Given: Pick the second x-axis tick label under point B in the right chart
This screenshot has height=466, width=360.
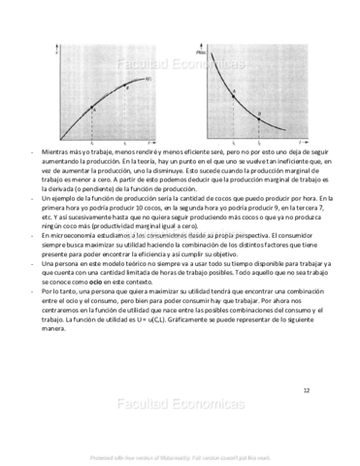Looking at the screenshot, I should tap(257, 143).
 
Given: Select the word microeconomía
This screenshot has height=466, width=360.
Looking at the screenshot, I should tap(67, 234).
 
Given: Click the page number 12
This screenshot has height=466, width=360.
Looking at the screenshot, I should tap(306, 390).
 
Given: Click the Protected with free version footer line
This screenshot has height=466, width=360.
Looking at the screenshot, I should tap(178, 454).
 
